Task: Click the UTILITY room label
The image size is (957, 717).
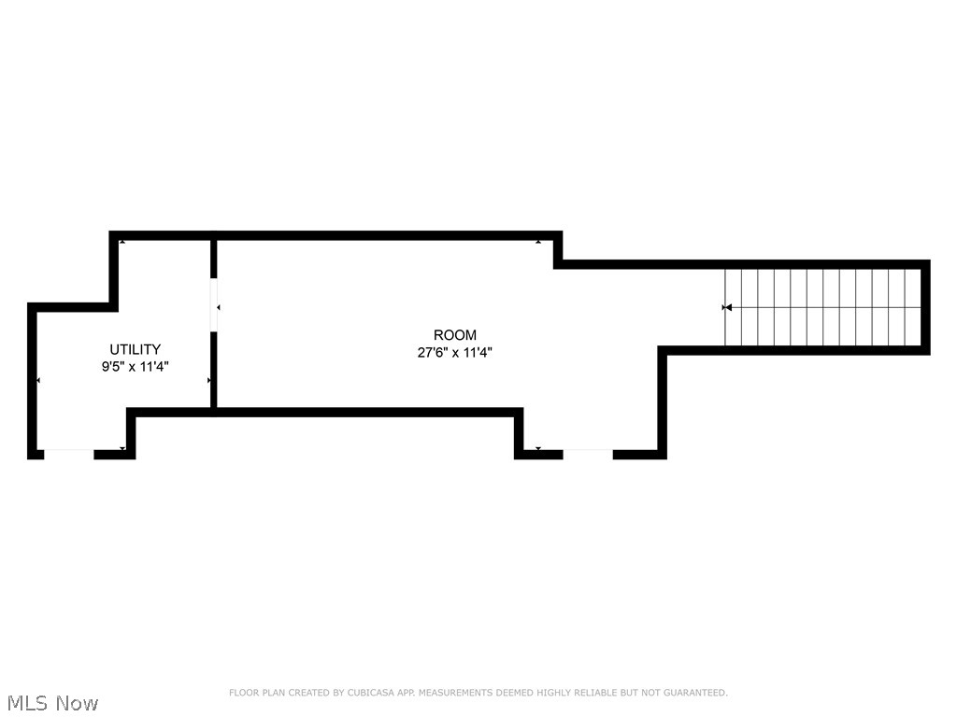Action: pyautogui.click(x=135, y=350)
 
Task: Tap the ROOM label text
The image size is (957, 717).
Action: pyautogui.click(x=454, y=335)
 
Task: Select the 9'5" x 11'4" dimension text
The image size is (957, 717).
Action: pyautogui.click(x=135, y=368)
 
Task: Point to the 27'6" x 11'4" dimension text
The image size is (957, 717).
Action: pyautogui.click(x=454, y=353)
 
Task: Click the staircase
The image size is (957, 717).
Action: pyautogui.click(x=823, y=307)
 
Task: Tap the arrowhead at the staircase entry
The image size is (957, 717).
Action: pyautogui.click(x=727, y=307)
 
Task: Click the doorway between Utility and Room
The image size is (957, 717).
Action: pyautogui.click(x=214, y=304)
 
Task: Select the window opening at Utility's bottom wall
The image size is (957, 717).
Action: pyautogui.click(x=69, y=454)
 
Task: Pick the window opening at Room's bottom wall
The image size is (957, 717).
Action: pyautogui.click(x=588, y=454)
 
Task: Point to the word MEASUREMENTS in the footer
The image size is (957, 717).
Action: pyautogui.click(x=457, y=693)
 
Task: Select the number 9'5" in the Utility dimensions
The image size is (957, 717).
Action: pyautogui.click(x=112, y=368)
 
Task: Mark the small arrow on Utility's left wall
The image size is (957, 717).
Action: pyautogui.click(x=38, y=381)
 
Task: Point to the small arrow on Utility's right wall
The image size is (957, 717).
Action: pyautogui.click(x=209, y=381)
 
